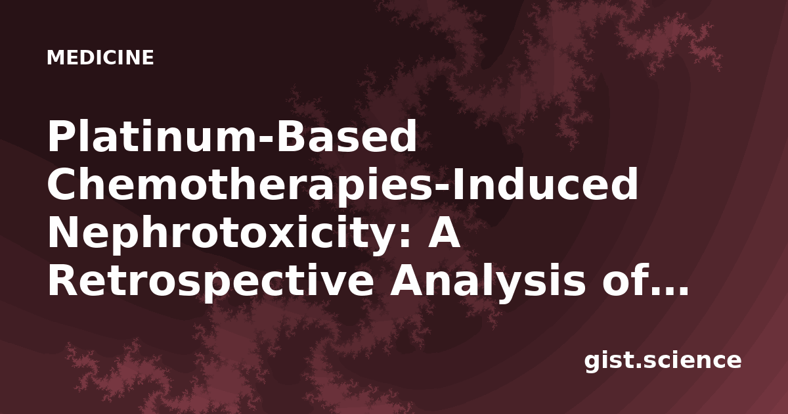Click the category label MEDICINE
click(100, 57)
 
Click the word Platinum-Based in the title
click(232, 136)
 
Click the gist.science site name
click(663, 361)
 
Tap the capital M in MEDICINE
click(56, 57)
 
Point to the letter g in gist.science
click(594, 363)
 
